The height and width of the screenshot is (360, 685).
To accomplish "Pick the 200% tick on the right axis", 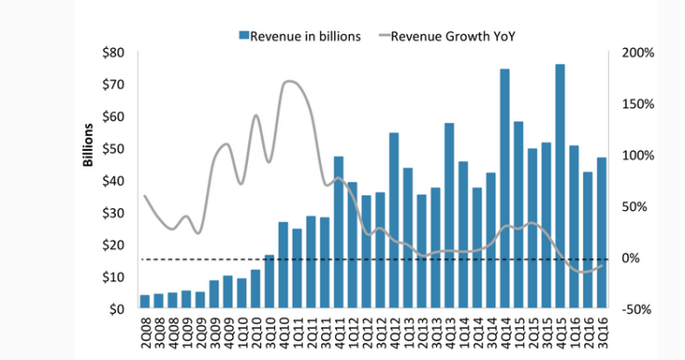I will (638, 52).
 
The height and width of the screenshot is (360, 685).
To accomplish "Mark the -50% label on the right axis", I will (638, 309).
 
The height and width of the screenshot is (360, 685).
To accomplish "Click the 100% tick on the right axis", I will (638, 155).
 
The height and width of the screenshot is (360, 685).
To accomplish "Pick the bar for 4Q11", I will (339, 232).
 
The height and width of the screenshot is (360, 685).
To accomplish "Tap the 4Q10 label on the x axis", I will (283, 329).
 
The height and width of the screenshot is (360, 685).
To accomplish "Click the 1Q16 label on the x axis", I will (574, 329).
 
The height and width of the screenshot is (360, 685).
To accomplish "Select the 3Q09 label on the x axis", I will (215, 329).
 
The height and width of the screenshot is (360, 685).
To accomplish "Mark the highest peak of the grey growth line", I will (290, 81).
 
